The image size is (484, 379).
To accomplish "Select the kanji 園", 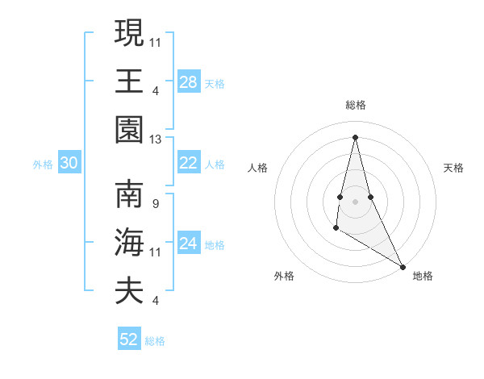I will (129, 129).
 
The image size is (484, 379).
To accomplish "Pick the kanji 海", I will (129, 242).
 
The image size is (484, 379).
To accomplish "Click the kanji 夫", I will (129, 290).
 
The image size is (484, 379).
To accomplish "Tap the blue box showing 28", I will (188, 81).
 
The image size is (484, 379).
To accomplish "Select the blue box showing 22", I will (188, 163).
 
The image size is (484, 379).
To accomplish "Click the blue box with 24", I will (188, 244).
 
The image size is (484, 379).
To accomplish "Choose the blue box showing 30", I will (69, 163).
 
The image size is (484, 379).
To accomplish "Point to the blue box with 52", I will (129, 339).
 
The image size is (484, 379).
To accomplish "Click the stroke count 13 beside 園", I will (156, 140).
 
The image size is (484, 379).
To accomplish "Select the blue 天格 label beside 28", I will (215, 82).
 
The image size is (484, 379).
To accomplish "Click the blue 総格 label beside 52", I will (155, 340).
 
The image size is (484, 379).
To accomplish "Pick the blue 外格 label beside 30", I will (43, 164).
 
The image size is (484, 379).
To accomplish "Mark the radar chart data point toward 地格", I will (403, 265).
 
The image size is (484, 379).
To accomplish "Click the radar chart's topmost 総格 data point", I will (355, 136).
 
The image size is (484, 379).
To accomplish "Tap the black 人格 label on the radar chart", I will (257, 168).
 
